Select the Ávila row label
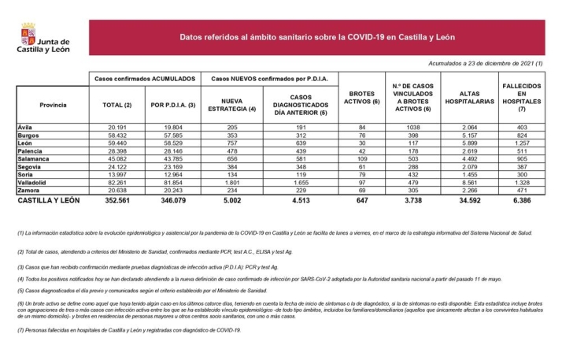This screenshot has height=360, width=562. coord(27,127)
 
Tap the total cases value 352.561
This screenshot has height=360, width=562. coord(115,202)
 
